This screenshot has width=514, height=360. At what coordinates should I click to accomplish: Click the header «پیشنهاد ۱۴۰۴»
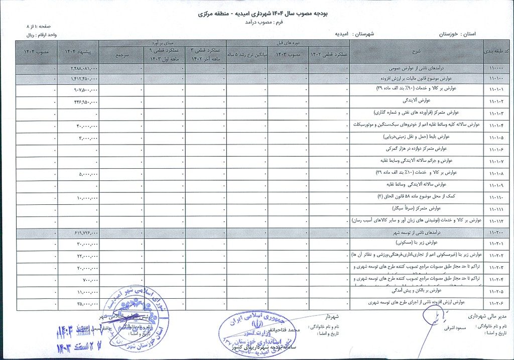click(78, 53)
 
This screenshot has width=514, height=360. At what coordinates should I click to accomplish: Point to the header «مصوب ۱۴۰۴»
click(36, 53)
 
